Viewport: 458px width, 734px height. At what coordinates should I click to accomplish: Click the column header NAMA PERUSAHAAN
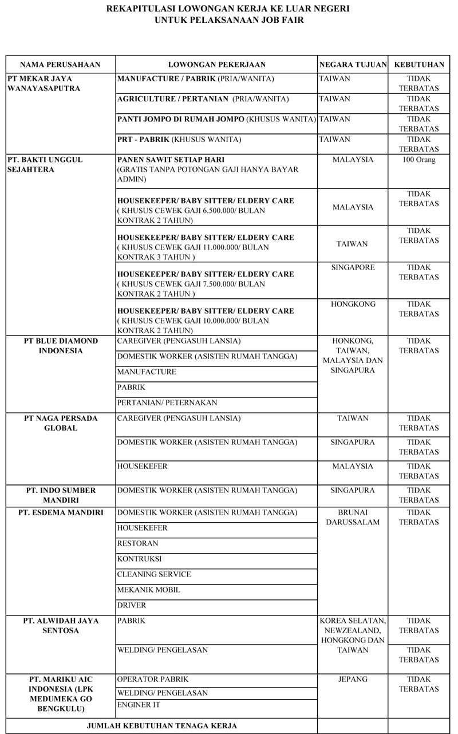pyautogui.click(x=61, y=65)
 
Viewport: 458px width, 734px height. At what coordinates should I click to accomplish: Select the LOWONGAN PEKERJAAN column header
pyautogui.click(x=216, y=65)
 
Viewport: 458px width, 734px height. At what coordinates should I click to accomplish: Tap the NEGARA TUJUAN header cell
pyautogui.click(x=353, y=65)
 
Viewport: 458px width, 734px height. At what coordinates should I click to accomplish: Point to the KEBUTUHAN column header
pyautogui.click(x=419, y=65)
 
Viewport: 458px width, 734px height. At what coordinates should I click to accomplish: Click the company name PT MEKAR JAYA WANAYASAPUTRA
pyautogui.click(x=44, y=83)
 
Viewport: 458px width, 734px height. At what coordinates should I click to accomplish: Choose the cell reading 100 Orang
pyautogui.click(x=419, y=160)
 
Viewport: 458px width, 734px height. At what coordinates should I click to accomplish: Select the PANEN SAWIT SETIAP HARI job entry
pyautogui.click(x=162, y=160)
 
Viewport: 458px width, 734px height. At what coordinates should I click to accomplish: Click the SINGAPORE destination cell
pyautogui.click(x=353, y=267)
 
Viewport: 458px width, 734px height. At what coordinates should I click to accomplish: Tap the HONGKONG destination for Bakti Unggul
pyautogui.click(x=353, y=304)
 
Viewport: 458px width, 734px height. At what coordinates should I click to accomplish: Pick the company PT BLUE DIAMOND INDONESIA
pyautogui.click(x=61, y=345)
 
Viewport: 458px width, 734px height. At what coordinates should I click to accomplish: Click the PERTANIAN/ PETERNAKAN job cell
pyautogui.click(x=167, y=402)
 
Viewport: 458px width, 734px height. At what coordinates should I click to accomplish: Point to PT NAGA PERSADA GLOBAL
pyautogui.click(x=61, y=423)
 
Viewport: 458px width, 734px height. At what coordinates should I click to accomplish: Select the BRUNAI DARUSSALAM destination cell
pyautogui.click(x=353, y=517)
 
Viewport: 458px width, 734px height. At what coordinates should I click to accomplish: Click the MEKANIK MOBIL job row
pyautogui.click(x=148, y=590)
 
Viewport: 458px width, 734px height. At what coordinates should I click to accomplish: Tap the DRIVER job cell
pyautogui.click(x=132, y=605)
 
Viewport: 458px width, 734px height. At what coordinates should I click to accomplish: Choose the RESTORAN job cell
pyautogui.click(x=138, y=543)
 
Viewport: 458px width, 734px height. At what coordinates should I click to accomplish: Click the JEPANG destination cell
pyautogui.click(x=353, y=680)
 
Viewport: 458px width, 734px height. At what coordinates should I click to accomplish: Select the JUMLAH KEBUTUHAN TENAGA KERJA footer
pyautogui.click(x=162, y=725)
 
